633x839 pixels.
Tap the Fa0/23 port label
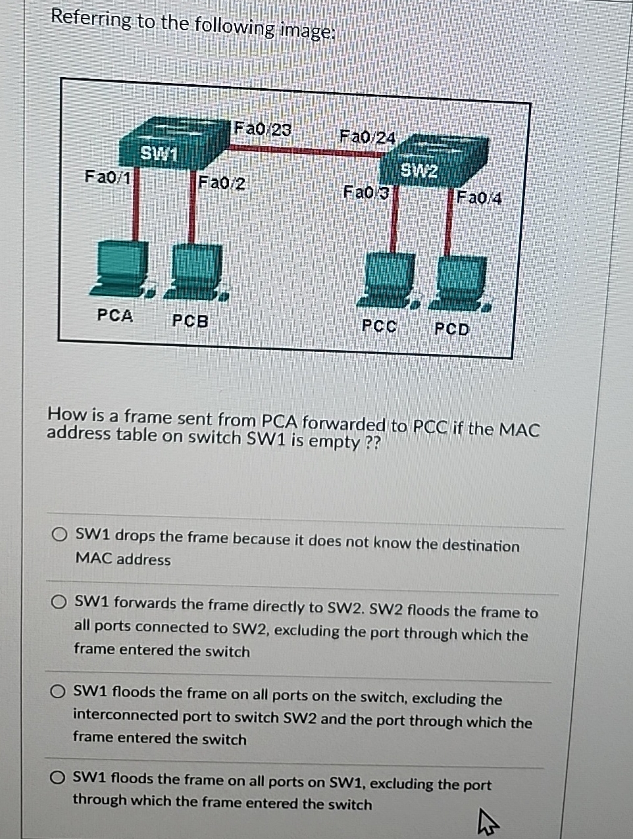pyautogui.click(x=263, y=129)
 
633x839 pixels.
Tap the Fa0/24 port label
pyautogui.click(x=367, y=137)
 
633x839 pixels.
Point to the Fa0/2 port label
pyautogui.click(x=222, y=182)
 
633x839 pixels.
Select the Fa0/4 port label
pyautogui.click(x=479, y=197)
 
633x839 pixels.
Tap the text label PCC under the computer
pyautogui.click(x=380, y=326)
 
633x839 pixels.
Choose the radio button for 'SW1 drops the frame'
pyautogui.click(x=61, y=533)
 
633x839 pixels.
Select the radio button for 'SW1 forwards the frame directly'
pyautogui.click(x=60, y=601)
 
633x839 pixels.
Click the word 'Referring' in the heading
pyautogui.click(x=91, y=19)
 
